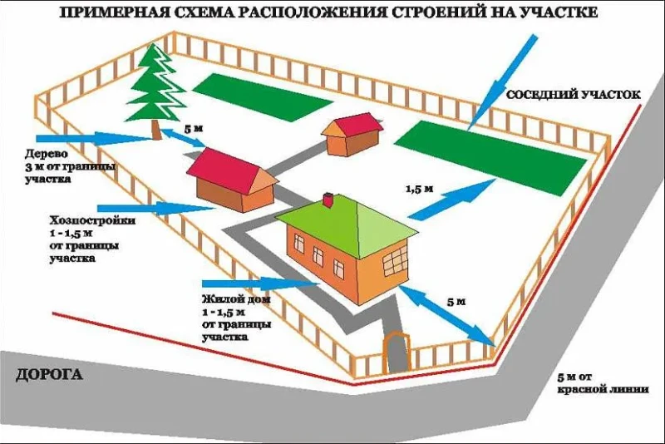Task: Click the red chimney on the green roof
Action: (x=328, y=200)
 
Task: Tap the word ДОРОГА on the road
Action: (x=49, y=375)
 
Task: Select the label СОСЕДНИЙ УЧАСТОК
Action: (x=574, y=95)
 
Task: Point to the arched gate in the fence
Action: (x=397, y=352)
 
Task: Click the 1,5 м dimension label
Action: (x=420, y=189)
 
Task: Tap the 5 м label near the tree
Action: (x=194, y=129)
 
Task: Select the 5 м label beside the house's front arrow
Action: (x=456, y=302)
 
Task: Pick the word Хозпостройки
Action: (x=93, y=221)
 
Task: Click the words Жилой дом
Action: (x=236, y=299)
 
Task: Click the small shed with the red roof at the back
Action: (x=352, y=134)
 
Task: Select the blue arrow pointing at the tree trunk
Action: (x=95, y=138)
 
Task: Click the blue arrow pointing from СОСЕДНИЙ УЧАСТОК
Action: (x=503, y=82)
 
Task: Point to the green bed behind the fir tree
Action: (x=262, y=97)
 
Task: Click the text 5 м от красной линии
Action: (x=603, y=383)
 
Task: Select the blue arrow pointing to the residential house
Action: (x=261, y=284)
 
